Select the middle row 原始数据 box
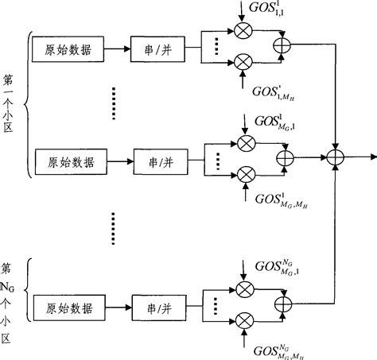click(67, 162)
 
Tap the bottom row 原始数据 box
click(67, 307)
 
